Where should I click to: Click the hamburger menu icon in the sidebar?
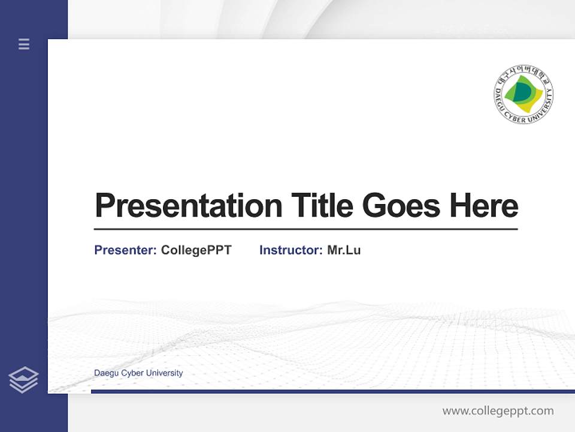pos(24,44)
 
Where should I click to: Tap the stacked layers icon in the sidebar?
pos(23,380)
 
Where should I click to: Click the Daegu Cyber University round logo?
pos(523,95)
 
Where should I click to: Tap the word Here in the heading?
pos(484,205)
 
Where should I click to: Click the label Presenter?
pos(126,250)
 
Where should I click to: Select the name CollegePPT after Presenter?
pos(196,250)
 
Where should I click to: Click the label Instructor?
pos(291,250)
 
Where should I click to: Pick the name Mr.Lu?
pos(344,250)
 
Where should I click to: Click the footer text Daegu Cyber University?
pos(138,373)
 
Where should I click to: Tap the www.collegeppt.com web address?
pos(498,411)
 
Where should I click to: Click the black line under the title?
pos(305,229)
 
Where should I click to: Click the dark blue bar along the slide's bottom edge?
pos(332,391)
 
